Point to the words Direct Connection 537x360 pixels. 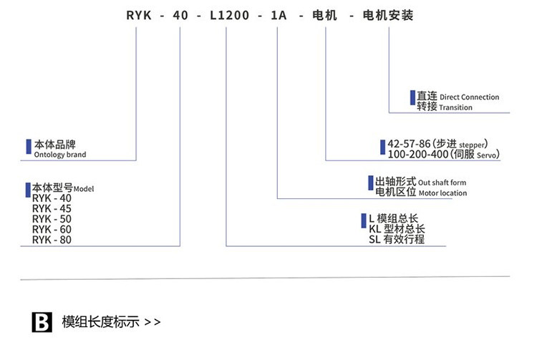[469, 97]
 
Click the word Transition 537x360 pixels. [456, 107]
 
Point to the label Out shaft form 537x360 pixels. [442, 182]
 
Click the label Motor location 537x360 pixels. [442, 193]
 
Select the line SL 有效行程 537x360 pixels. [396, 240]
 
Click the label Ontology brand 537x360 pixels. [60, 155]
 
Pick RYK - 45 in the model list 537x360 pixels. [52, 208]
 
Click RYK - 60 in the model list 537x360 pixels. [52, 229]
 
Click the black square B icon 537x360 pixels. [43, 321]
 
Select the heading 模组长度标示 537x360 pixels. [101, 321]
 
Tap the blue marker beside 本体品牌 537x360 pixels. [29, 144]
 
